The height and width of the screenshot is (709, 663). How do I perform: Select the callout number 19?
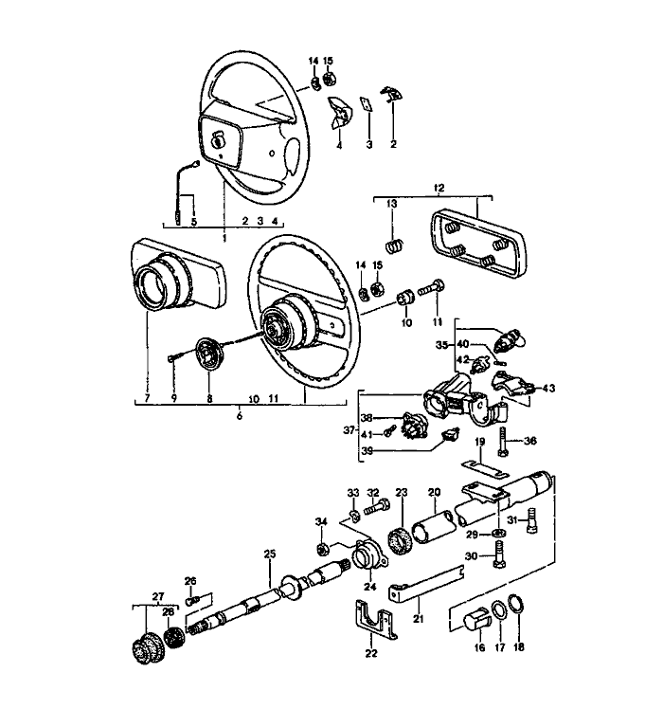[481, 444]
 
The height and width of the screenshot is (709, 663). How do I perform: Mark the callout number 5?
[194, 224]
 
